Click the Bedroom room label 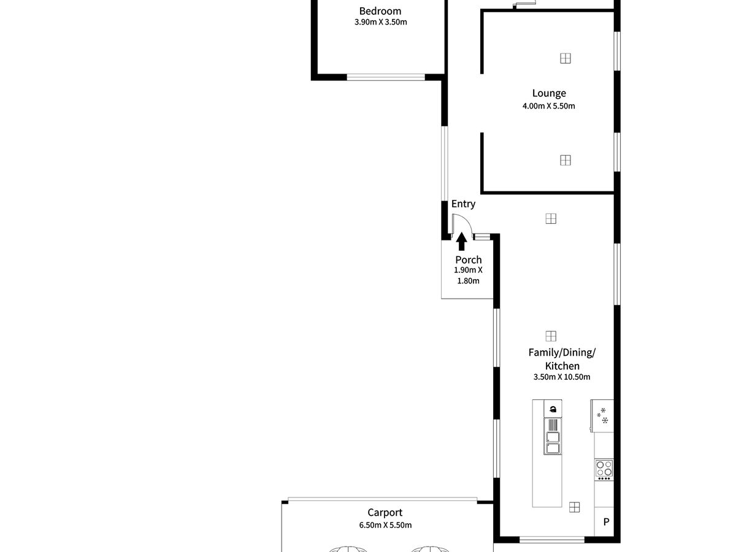coord(380,11)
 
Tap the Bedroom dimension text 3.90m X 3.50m coord(380,22)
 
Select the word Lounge coord(549,93)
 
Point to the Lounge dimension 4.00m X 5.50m coord(549,105)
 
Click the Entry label coord(463,204)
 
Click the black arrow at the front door coord(462,241)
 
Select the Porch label coord(468,259)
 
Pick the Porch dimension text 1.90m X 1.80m coord(468,275)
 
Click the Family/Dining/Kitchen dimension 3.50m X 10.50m coord(562,377)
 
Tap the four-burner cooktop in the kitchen coord(604,469)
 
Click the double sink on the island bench coord(553,442)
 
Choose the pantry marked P coord(605,523)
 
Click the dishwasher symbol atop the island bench coord(553,409)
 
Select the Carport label coord(385,513)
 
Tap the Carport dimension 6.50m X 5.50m coord(385,525)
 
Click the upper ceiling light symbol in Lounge coord(565,58)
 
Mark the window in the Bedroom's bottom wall coord(386,77)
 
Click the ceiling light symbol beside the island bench coord(574,507)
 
